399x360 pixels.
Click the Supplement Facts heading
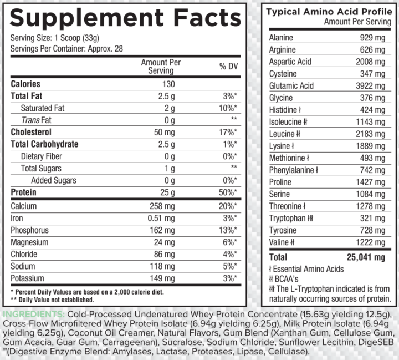[126, 18]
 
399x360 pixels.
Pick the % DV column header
[227, 67]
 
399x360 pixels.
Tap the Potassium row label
[27, 278]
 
